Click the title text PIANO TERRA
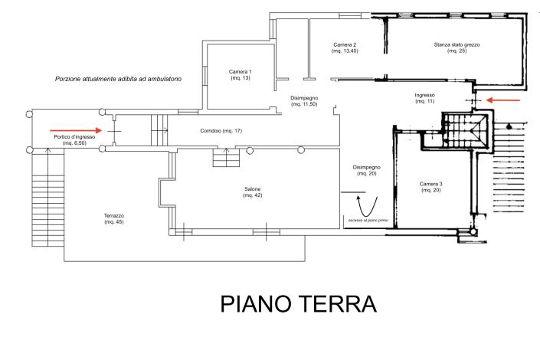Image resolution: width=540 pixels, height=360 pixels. tap(299, 303)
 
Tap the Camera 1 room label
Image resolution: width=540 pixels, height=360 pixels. tap(240, 75)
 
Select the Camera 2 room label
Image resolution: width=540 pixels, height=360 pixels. tap(345, 49)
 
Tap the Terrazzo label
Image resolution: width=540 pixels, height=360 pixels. tap(114, 219)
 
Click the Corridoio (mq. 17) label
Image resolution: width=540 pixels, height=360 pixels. tap(221, 132)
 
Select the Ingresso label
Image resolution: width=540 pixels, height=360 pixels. tap(424, 98)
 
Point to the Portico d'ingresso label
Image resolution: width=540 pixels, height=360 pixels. tap(74, 139)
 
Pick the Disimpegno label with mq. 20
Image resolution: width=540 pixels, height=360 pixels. tap(366, 170)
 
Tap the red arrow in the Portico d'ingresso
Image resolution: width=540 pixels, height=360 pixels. tap(77, 130)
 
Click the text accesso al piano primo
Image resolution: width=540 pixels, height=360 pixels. tap(367, 221)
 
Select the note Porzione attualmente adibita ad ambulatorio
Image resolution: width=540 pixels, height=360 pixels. tap(118, 80)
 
